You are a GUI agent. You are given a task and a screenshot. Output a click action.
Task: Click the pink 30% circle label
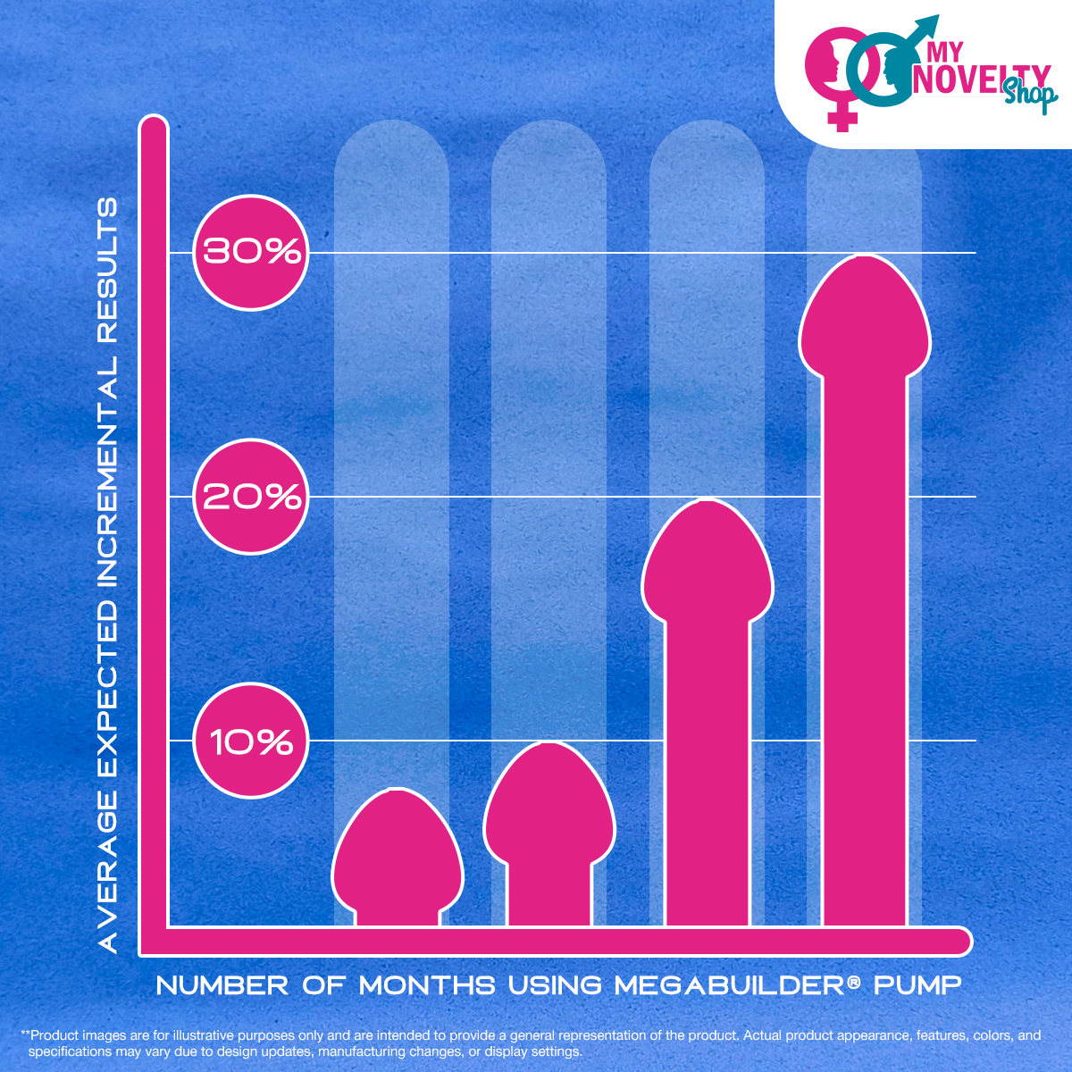click(x=251, y=252)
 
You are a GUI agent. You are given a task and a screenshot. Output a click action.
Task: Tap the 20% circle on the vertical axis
click(x=251, y=496)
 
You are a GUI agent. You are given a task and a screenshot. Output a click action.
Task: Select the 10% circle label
click(x=251, y=741)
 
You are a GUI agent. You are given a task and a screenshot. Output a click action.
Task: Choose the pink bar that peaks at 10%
click(x=549, y=840)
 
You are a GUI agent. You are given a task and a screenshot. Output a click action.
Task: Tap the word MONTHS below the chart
click(x=427, y=985)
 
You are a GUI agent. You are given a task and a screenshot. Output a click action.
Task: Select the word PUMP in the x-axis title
click(x=917, y=985)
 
